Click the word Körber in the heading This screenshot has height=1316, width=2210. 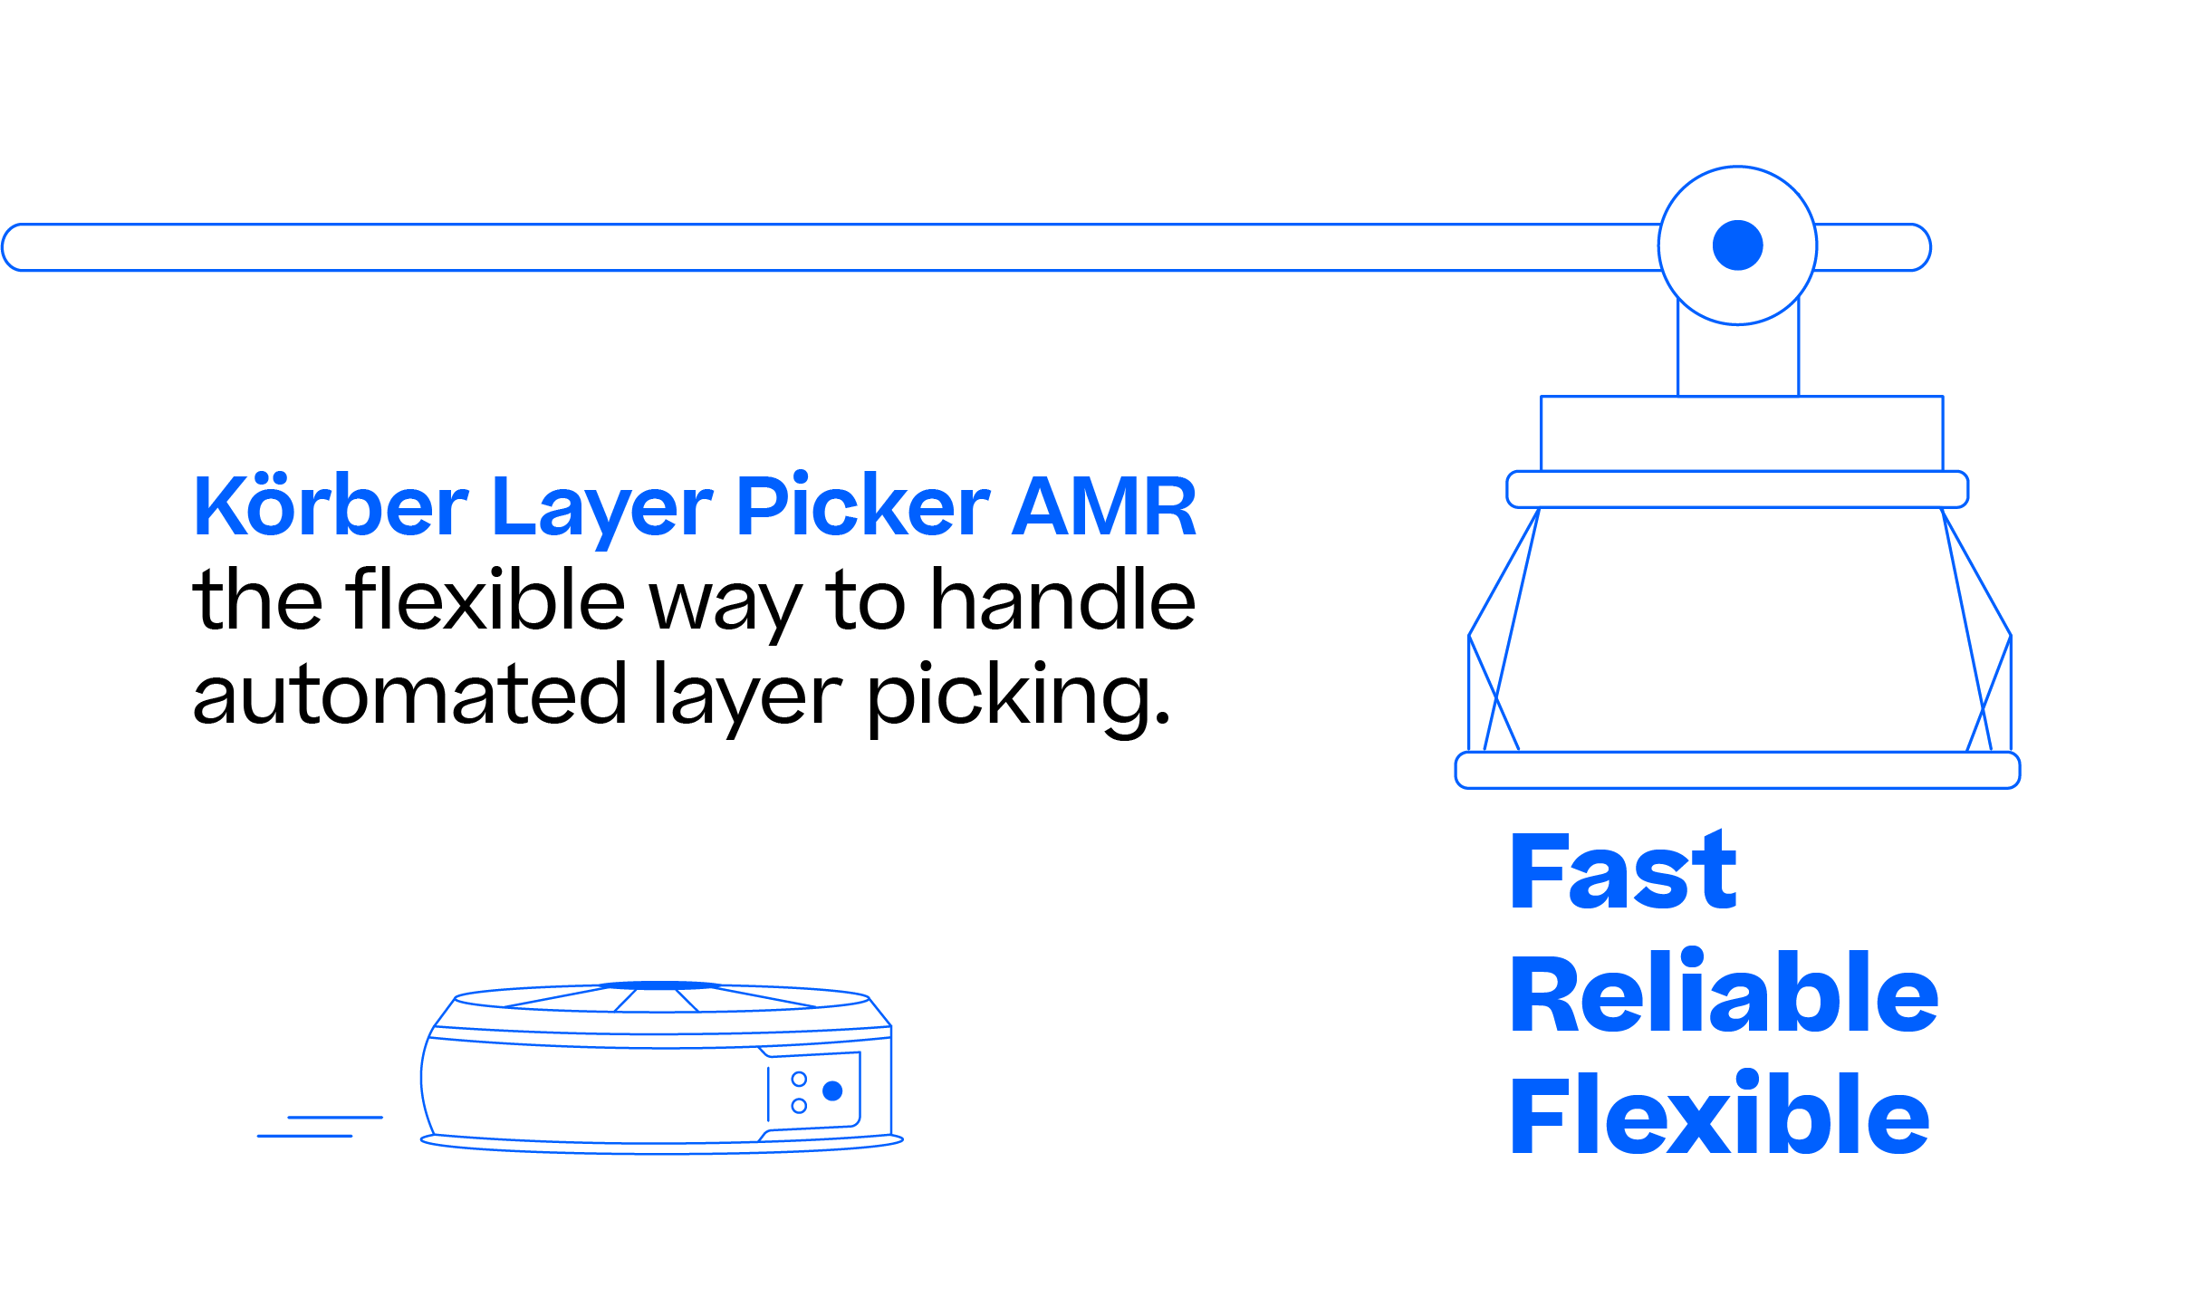point(331,505)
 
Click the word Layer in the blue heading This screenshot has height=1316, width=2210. point(602,513)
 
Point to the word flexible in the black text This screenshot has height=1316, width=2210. point(485,599)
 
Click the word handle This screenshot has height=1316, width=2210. point(1063,599)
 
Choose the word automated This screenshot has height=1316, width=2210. point(409,695)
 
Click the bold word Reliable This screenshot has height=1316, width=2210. point(1725,993)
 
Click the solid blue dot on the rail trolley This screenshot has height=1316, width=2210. point(1737,245)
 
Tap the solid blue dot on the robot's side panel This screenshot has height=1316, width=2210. point(832,1090)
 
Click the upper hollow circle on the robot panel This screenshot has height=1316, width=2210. point(799,1079)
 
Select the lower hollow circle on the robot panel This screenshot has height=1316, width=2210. point(799,1106)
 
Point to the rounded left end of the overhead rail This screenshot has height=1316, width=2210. point(4,247)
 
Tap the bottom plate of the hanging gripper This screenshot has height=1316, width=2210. point(1737,770)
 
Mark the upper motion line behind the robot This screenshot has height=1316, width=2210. point(335,1117)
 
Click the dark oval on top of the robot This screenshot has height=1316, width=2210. point(660,985)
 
